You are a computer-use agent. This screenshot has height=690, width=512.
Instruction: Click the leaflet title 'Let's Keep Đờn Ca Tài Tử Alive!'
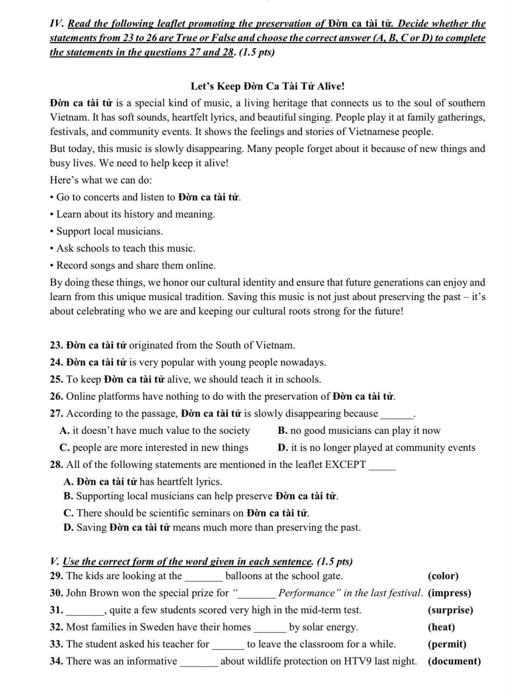[267, 86]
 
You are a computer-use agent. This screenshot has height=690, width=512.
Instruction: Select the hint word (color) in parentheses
[443, 576]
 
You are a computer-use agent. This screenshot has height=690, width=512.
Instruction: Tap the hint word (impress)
[450, 593]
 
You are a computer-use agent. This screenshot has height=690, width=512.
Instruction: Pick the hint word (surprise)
[450, 610]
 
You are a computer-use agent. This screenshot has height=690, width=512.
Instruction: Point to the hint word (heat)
[441, 627]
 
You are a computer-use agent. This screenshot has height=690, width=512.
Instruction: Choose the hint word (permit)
[447, 644]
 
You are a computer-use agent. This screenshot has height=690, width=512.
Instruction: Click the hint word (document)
[454, 661]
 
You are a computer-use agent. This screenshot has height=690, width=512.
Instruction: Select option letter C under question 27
[64, 448]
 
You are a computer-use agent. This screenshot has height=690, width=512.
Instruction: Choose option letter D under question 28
[68, 528]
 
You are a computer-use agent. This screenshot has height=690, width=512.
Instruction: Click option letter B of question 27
[282, 431]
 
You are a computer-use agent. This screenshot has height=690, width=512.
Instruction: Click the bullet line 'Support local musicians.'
[109, 231]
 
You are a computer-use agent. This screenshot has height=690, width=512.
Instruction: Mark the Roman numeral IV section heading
[57, 24]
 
